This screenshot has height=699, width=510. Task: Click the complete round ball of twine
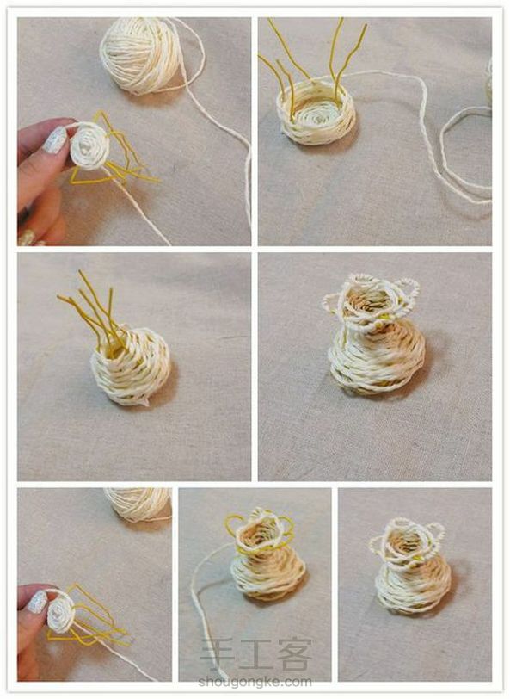click(139, 55)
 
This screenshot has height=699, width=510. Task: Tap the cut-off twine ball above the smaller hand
click(138, 504)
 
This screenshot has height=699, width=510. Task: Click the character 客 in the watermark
click(294, 654)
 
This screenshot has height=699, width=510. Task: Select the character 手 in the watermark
click(217, 654)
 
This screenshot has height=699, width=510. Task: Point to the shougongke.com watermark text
click(255, 682)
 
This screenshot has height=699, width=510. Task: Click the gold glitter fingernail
click(28, 238)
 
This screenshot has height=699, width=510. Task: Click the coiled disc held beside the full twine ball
click(89, 145)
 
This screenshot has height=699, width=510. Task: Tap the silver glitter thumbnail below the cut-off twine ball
click(38, 602)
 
